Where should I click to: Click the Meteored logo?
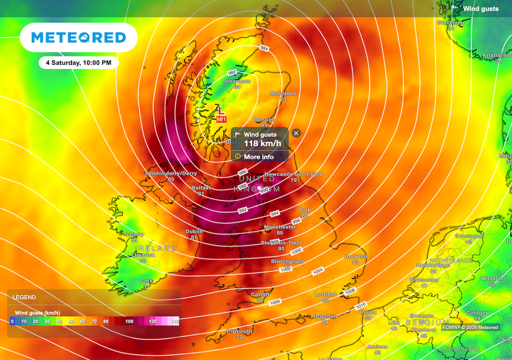78,37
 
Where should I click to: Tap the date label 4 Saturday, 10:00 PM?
78,63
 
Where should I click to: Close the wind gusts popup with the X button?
296,133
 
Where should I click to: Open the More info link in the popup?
258,157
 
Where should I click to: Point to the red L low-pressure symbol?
220,110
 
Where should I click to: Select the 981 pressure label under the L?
221,120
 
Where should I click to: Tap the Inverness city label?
237,81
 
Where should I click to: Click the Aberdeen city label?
283,94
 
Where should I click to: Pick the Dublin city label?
194,231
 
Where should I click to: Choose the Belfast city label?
201,188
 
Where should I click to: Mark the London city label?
325,294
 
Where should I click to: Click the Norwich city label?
355,256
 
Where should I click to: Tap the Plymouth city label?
239,331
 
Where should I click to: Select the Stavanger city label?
451,23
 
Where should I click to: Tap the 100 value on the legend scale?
129,321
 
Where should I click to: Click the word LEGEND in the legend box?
24,297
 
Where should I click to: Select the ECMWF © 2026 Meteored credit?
470,327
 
